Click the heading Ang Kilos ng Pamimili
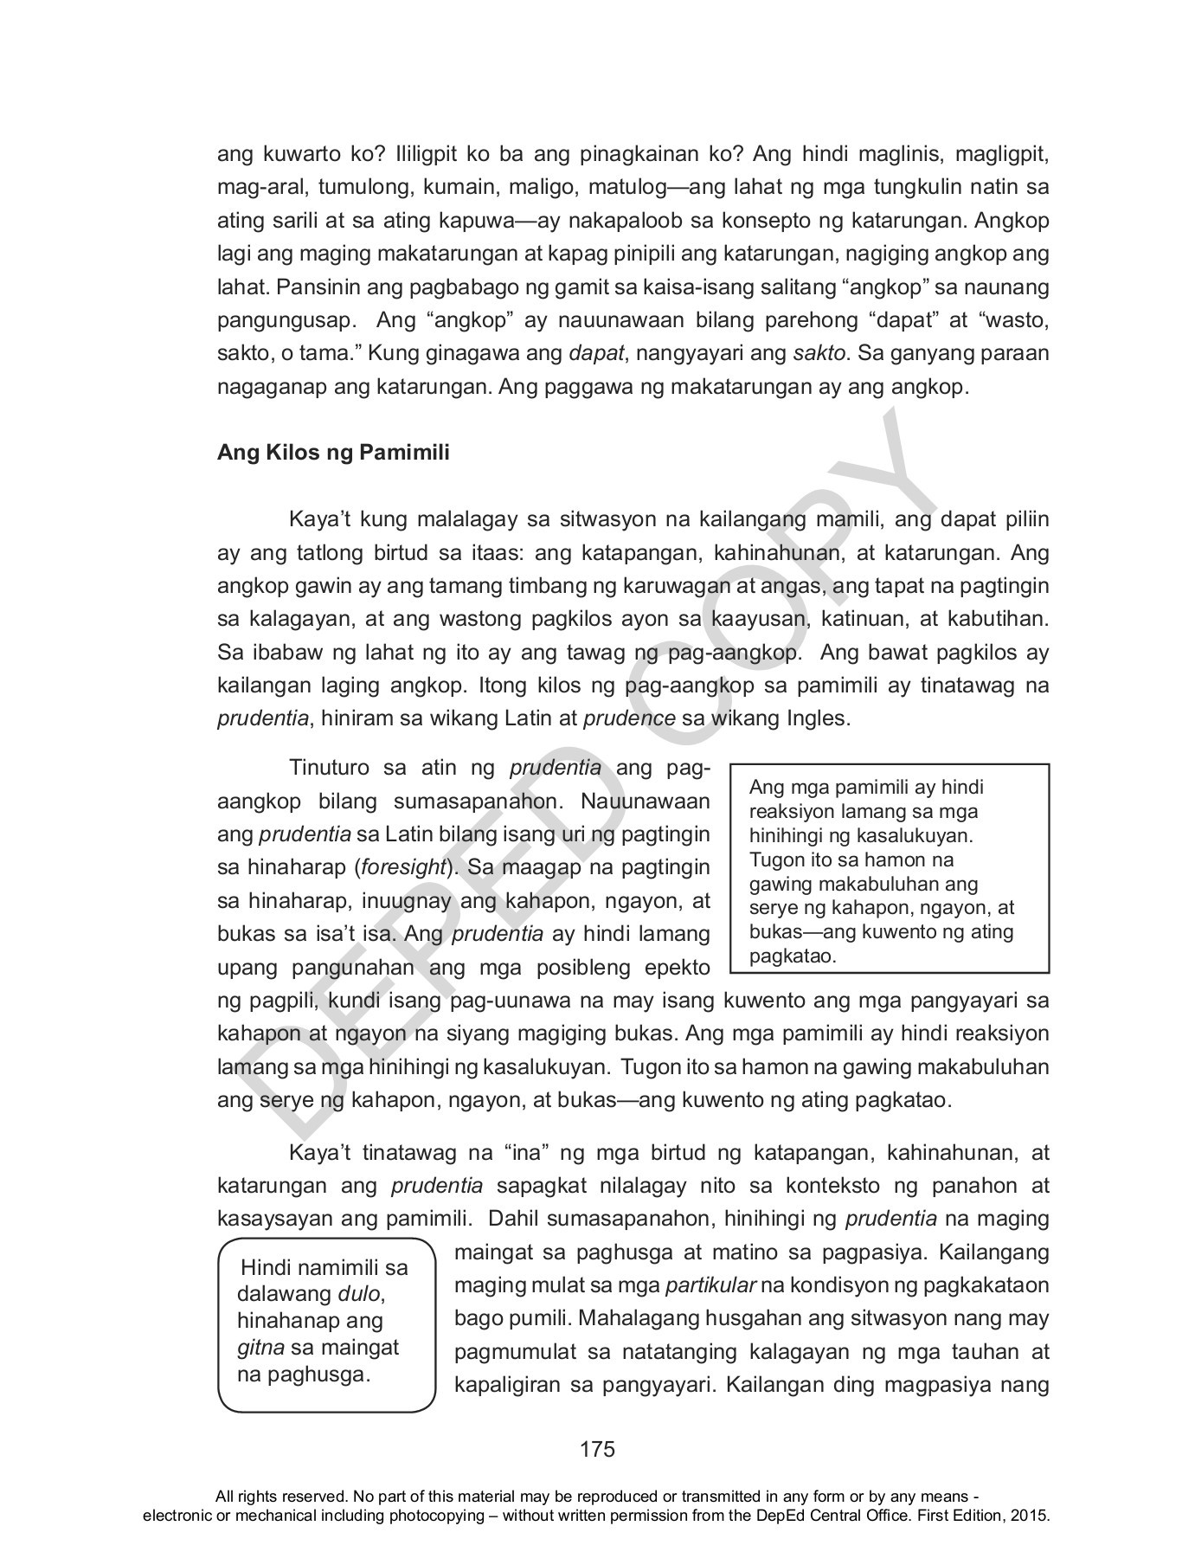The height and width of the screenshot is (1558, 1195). click(333, 453)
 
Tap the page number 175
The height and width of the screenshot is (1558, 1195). click(597, 1449)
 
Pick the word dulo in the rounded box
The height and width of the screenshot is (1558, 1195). click(358, 1295)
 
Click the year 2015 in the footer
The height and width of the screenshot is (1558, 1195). click(1031, 1516)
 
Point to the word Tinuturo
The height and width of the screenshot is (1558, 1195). click(330, 768)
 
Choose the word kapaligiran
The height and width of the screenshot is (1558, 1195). click(506, 1385)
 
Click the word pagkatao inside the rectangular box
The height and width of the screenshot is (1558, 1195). click(788, 956)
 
